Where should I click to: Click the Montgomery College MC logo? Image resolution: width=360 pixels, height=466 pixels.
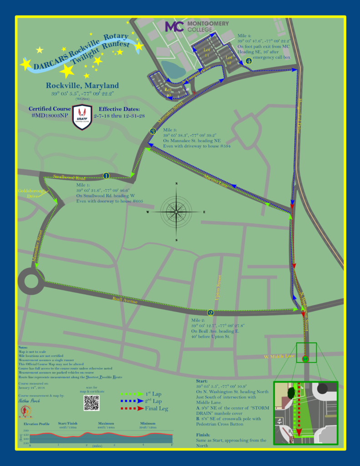(x=174, y=26)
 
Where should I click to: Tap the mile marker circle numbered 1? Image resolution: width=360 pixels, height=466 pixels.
(x=106, y=176)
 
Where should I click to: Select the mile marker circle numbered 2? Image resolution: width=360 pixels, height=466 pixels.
(x=210, y=313)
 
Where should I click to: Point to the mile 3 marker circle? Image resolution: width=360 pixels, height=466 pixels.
(x=153, y=132)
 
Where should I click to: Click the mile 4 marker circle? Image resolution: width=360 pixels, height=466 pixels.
(x=248, y=61)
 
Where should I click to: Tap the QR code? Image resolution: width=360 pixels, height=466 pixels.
(x=91, y=402)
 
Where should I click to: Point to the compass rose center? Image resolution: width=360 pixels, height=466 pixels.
(x=176, y=212)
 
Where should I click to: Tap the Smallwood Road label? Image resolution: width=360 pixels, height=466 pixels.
(x=70, y=177)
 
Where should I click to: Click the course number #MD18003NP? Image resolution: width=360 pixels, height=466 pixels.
(x=50, y=116)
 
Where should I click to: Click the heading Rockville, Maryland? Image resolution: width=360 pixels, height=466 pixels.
(x=82, y=86)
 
